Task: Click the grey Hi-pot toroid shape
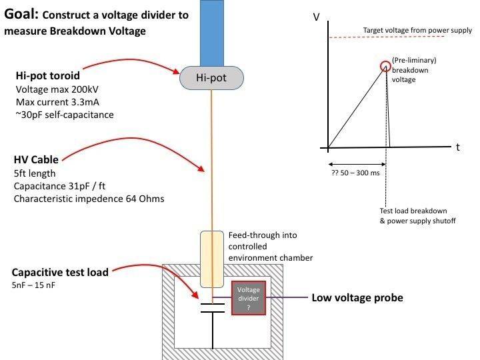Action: click(211, 79)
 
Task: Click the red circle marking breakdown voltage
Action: click(385, 66)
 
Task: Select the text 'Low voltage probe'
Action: click(357, 298)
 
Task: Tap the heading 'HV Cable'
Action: click(36, 160)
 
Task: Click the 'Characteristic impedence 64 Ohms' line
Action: click(89, 198)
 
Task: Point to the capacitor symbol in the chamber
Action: click(213, 309)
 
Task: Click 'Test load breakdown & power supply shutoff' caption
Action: click(417, 215)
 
